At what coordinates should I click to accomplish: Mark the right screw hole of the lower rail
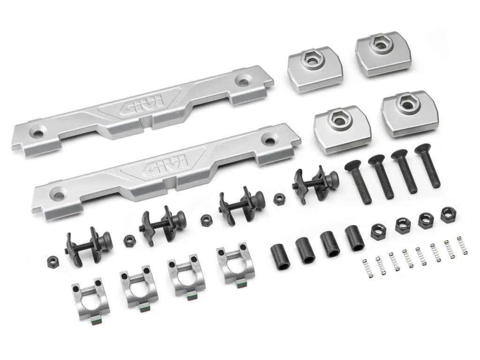point(270,139)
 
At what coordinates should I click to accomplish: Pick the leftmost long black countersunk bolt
point(359,182)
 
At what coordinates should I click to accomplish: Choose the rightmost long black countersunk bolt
point(427,165)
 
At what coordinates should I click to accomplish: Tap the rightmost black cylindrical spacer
point(355,238)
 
